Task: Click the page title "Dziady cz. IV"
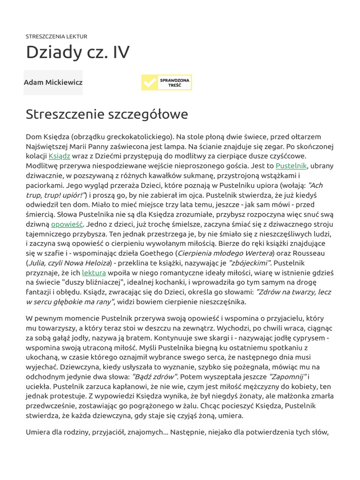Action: [x=78, y=52]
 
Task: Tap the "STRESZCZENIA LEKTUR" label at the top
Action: [x=56, y=36]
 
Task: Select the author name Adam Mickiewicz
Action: [x=53, y=82]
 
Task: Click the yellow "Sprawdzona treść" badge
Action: [x=166, y=82]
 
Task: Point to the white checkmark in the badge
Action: [x=150, y=83]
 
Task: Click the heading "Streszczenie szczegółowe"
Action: [x=107, y=114]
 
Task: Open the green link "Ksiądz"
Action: [x=60, y=156]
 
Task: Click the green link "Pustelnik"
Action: [x=291, y=165]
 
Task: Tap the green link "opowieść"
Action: [x=67, y=224]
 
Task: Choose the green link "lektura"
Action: [x=94, y=272]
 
